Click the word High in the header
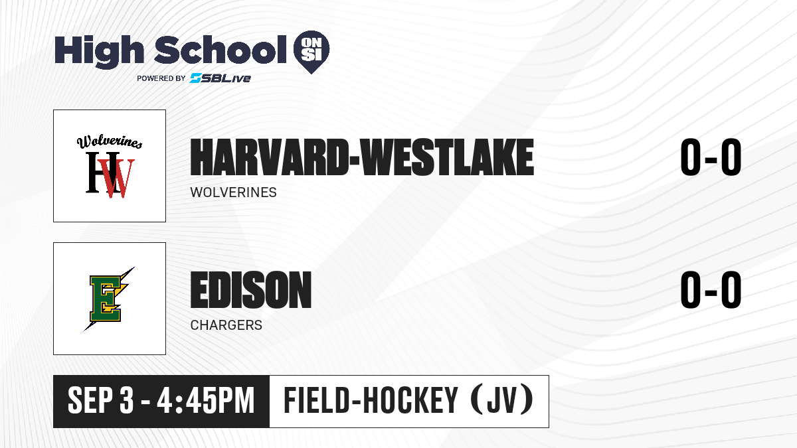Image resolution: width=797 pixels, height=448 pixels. point(99,51)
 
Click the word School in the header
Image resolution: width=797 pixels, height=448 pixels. point(221,50)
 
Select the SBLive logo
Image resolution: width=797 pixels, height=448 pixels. point(221,78)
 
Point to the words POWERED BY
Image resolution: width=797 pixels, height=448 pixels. point(161,78)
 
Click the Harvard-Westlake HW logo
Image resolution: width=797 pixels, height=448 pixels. point(110,167)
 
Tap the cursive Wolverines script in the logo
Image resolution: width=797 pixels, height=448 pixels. point(110,141)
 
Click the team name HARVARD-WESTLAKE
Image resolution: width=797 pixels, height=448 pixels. point(362,157)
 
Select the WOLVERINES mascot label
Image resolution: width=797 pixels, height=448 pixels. point(233,192)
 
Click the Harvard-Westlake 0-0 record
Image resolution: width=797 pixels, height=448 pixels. point(711,157)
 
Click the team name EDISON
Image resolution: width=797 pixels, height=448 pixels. point(251,289)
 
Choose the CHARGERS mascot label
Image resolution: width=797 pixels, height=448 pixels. point(226,325)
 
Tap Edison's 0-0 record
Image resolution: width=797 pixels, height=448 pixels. point(711,289)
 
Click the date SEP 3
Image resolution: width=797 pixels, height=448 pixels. point(101,401)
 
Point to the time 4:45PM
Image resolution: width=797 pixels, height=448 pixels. point(206,401)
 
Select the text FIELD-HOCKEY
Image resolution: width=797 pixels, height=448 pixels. point(371,400)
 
